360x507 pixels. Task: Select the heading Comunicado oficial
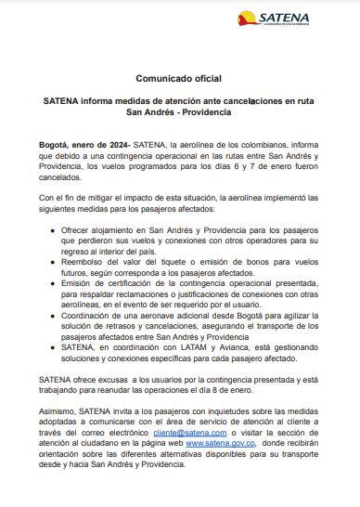pos(180,81)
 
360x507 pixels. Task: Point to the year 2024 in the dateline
pos(117,147)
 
